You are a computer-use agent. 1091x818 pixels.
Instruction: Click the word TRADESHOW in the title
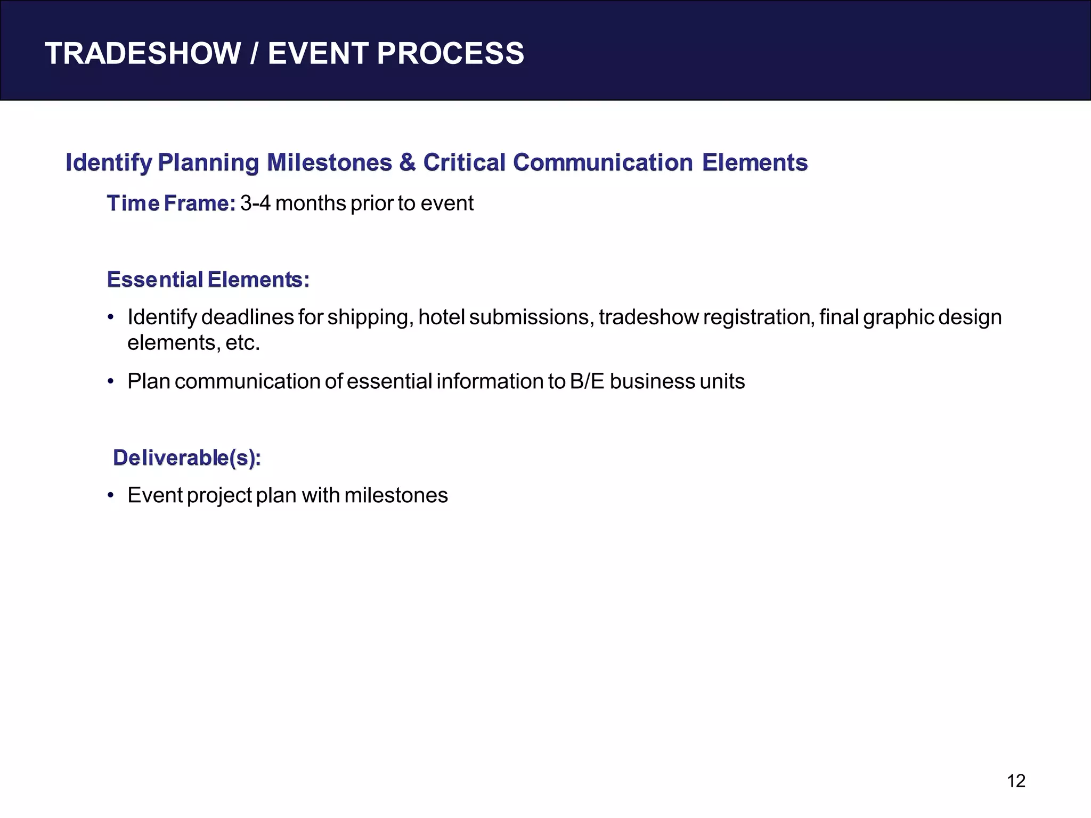pos(143,54)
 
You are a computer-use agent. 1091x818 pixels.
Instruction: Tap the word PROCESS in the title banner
pos(450,54)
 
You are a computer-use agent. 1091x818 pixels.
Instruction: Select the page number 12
pos(1016,781)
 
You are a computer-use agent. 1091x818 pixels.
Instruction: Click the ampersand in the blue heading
pos(408,162)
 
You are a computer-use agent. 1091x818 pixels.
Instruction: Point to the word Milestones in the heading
pos(329,162)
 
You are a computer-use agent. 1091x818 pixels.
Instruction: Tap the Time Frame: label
pos(171,203)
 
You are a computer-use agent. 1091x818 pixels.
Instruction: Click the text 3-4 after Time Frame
pos(255,203)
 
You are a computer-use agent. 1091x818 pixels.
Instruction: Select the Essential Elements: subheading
pos(208,280)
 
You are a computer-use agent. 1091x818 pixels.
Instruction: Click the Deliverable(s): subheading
pos(186,458)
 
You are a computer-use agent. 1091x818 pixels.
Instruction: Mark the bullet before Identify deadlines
pos(111,318)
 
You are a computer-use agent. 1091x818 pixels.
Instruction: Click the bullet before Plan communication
pos(111,382)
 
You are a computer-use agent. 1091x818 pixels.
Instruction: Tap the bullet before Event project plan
pos(111,496)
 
